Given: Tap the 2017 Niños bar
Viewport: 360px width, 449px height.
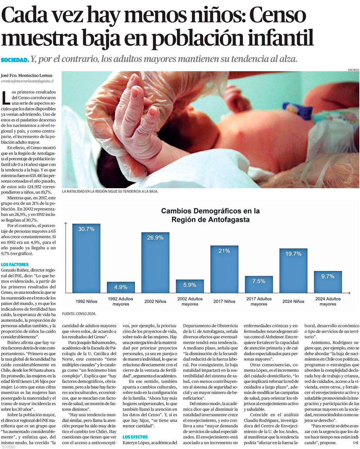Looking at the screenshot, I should [x=224, y=269].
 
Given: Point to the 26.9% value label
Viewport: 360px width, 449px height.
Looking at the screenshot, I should [x=155, y=237].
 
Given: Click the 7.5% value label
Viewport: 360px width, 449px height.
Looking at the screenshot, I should [x=258, y=281].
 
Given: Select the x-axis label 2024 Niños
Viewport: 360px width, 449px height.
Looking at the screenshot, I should [x=293, y=301].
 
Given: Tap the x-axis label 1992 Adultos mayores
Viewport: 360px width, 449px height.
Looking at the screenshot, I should [x=121, y=301].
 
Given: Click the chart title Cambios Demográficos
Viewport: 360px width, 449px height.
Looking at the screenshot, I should [x=210, y=215].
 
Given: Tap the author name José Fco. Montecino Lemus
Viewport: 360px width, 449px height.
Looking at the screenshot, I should [x=27, y=76].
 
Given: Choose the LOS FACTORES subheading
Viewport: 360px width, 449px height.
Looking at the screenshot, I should [x=15, y=264].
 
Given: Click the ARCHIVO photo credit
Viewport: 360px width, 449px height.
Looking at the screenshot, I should [x=353, y=70].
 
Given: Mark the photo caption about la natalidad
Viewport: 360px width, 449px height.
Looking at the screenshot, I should [x=110, y=192].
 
